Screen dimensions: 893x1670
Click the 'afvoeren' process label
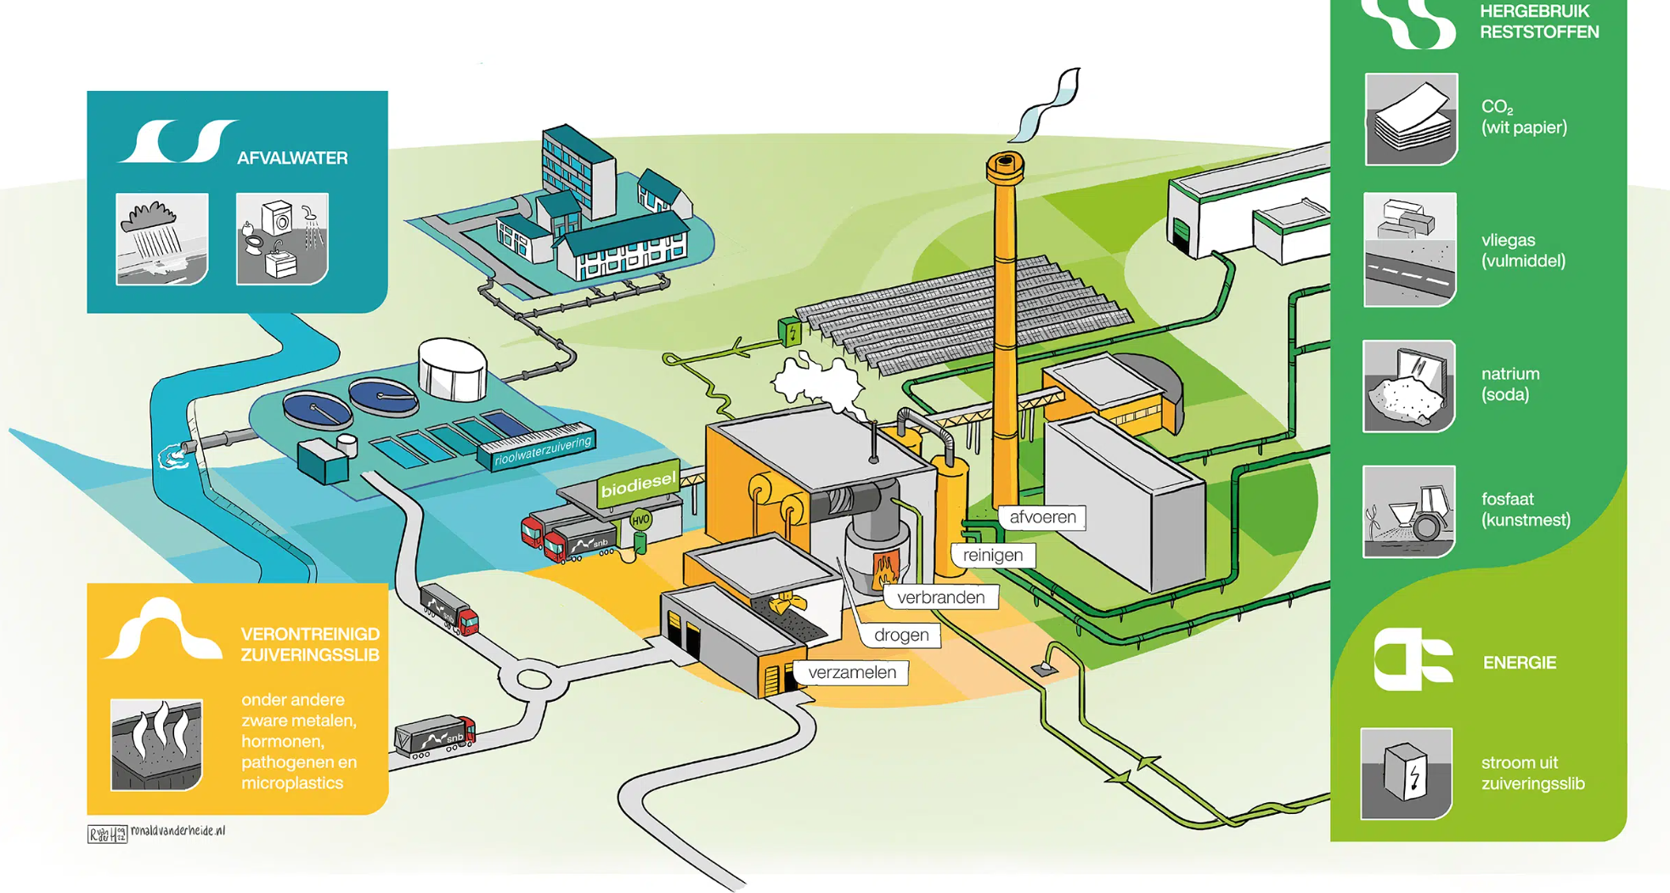(x=1042, y=517)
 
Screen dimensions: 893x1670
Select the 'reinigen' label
(x=992, y=556)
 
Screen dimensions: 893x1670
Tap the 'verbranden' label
(x=940, y=597)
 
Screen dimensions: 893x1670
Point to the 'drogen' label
(x=900, y=635)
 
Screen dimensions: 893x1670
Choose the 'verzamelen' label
(x=851, y=673)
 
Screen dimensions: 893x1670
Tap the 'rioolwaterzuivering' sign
(x=542, y=450)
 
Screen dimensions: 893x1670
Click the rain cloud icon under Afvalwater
(x=161, y=239)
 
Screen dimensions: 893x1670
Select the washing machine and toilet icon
(x=282, y=239)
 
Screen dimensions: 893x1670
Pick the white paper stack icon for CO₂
(x=1411, y=119)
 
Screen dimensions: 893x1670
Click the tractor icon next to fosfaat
(x=1409, y=511)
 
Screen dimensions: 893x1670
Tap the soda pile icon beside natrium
(x=1409, y=387)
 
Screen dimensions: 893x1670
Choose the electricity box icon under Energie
(x=1407, y=773)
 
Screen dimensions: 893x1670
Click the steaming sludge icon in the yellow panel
(x=157, y=744)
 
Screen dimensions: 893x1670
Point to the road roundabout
(x=532, y=679)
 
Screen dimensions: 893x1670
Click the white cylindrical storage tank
(x=452, y=370)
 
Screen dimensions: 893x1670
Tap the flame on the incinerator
(x=885, y=567)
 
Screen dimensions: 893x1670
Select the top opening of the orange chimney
(x=1006, y=161)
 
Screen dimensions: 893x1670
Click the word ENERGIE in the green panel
(x=1519, y=663)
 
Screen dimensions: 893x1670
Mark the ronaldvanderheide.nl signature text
(x=178, y=831)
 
